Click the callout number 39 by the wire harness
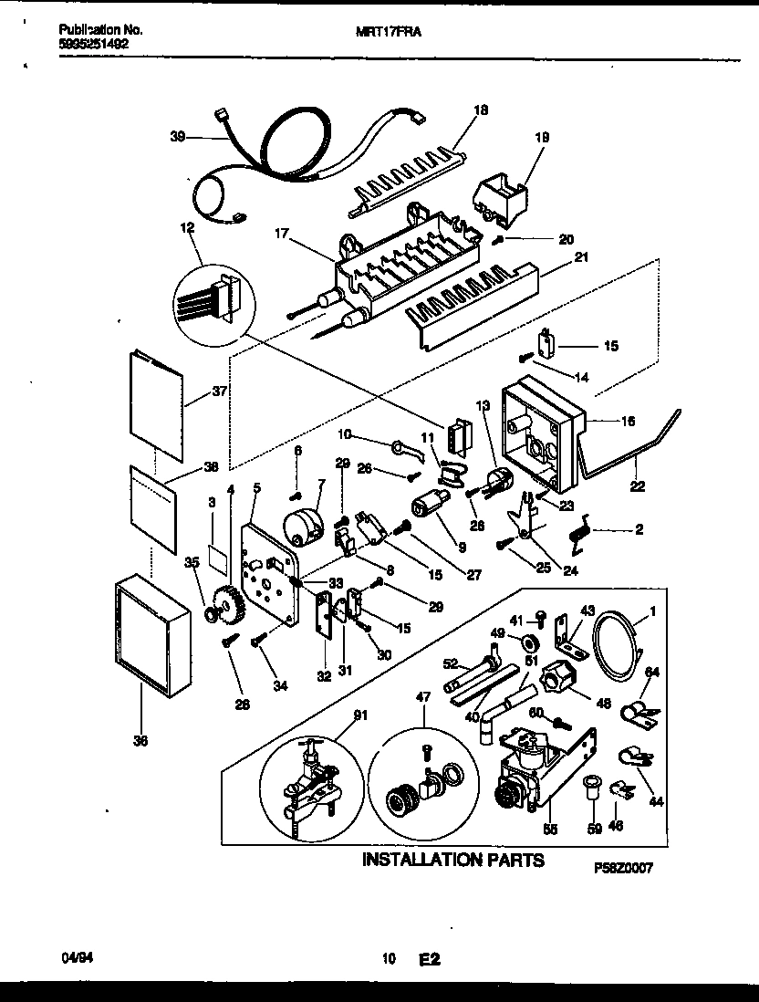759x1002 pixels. tap(177, 137)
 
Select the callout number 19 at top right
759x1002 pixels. tap(542, 137)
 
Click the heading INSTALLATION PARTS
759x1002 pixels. tap(453, 860)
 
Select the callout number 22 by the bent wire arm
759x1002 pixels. tap(637, 486)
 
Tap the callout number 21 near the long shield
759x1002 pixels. tap(580, 257)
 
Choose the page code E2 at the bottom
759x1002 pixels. tap(430, 959)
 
